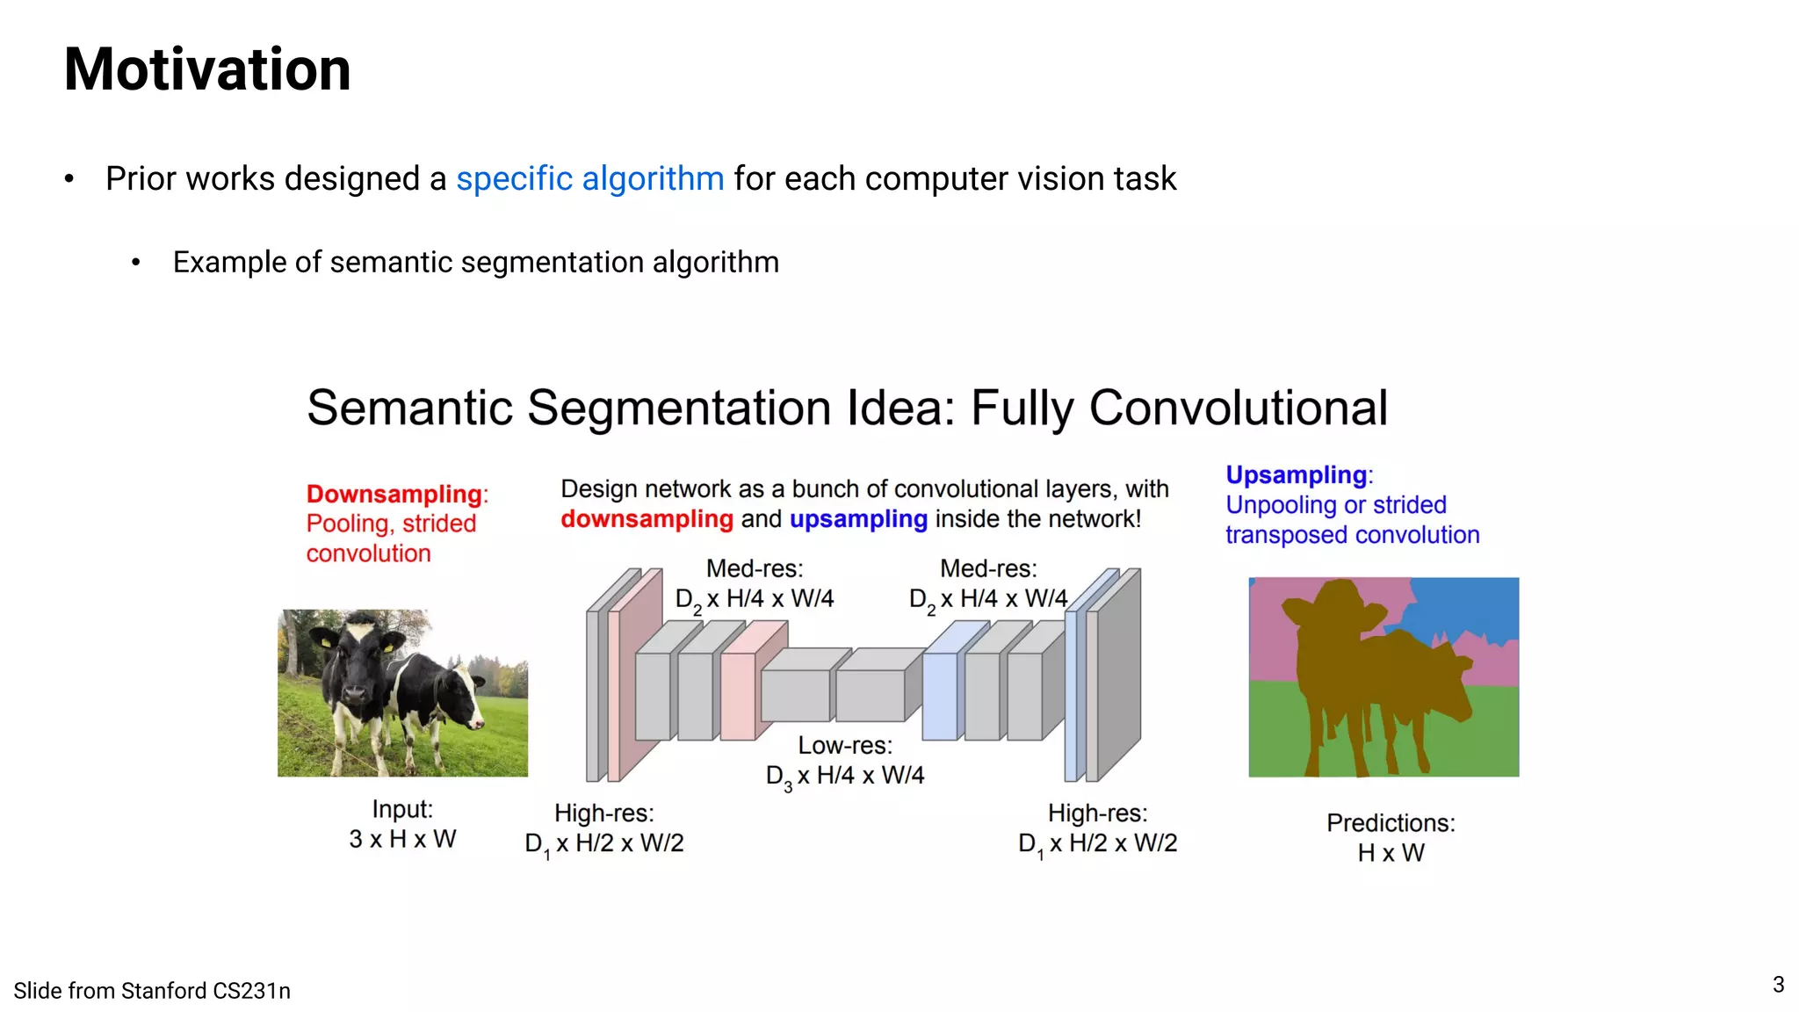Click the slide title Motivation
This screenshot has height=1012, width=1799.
point(207,69)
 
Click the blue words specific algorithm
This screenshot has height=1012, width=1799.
point(589,178)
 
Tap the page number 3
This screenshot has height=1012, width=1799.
point(1778,984)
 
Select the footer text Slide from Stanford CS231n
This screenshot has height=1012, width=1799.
point(152,991)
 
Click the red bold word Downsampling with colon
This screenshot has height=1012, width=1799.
point(396,494)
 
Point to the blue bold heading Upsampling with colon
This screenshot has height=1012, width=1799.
point(1298,475)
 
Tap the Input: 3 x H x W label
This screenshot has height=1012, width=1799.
point(402,824)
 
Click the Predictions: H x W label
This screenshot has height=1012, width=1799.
point(1390,837)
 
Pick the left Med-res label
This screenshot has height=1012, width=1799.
point(754,584)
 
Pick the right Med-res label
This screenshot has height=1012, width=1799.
point(988,584)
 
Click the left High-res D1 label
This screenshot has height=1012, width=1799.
point(604,828)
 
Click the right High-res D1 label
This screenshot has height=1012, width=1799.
point(1097,828)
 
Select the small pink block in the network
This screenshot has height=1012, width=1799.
point(739,694)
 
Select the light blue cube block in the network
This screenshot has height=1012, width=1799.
point(940,694)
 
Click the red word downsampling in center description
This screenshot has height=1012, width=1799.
point(647,519)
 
